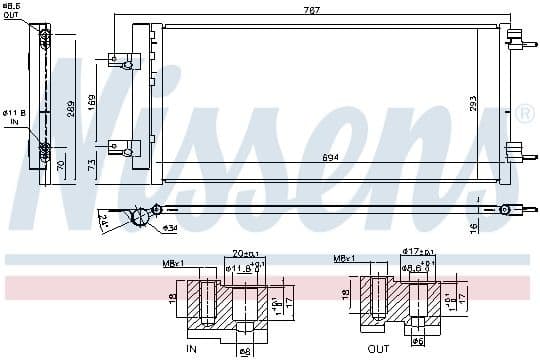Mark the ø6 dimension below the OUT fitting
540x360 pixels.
[x=419, y=341]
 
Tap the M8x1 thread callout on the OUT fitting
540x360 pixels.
[x=346, y=259]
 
